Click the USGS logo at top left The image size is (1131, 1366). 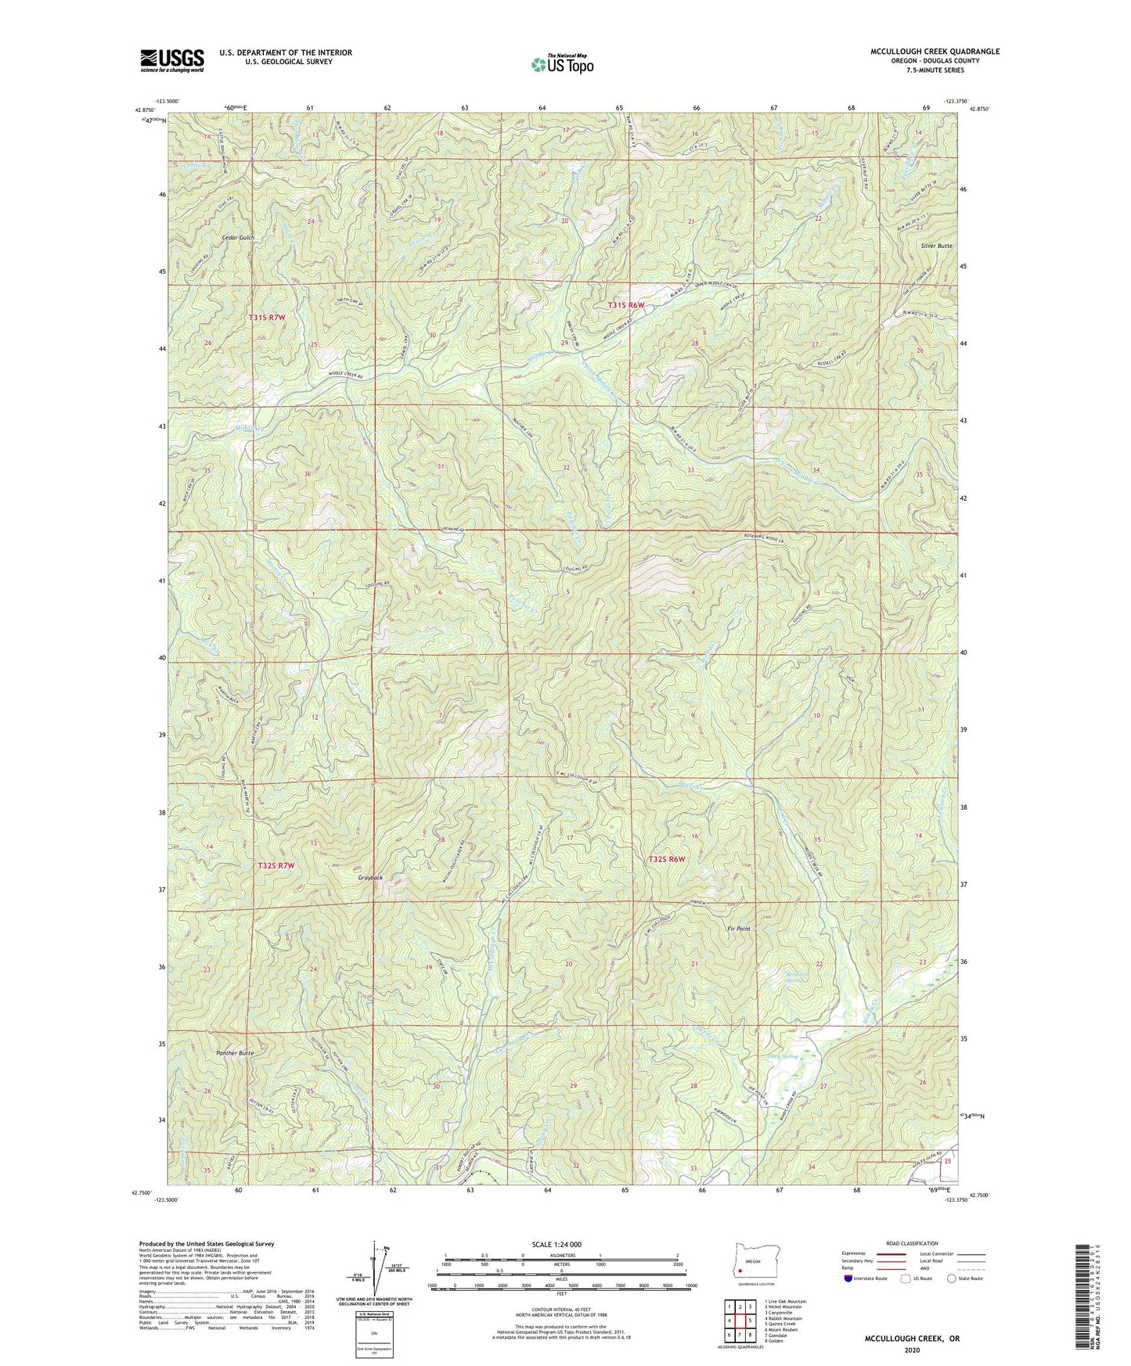[172, 59]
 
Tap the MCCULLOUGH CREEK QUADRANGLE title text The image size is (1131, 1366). [935, 52]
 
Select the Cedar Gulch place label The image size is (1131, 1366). [238, 237]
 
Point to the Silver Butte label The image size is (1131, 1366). [936, 246]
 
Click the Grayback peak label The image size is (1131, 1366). [371, 878]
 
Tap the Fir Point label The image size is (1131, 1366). [738, 929]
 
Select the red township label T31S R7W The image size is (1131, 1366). [267, 318]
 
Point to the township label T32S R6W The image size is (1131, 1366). [666, 859]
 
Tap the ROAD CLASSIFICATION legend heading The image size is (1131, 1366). [912, 1243]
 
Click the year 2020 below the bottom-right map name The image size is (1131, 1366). [912, 1350]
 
